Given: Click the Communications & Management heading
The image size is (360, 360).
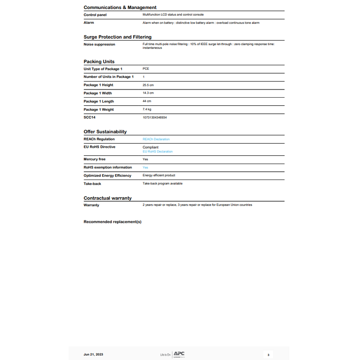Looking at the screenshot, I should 120,7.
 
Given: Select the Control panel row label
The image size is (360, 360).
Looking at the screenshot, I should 95,15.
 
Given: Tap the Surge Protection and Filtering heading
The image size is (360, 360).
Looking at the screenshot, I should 117,37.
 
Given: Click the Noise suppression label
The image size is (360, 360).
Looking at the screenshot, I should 99,45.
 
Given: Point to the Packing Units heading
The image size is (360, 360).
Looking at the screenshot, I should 99,62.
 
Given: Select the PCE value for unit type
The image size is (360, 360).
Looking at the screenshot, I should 146,69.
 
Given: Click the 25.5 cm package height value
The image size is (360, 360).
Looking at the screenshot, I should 148,85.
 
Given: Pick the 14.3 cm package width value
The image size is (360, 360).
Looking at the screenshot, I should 148,93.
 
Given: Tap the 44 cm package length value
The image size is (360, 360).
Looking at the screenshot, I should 147,101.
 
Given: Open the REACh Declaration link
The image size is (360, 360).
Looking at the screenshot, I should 156,139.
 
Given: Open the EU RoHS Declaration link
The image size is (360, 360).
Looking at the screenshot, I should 157,152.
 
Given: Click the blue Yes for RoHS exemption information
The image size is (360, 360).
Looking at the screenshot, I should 145,167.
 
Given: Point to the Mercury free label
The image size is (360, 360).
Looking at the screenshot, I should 94,159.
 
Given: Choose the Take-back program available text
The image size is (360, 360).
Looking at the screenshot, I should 162,184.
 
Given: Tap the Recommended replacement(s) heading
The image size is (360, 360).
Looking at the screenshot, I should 112,221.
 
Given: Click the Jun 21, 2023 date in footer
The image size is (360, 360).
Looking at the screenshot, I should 93,355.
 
